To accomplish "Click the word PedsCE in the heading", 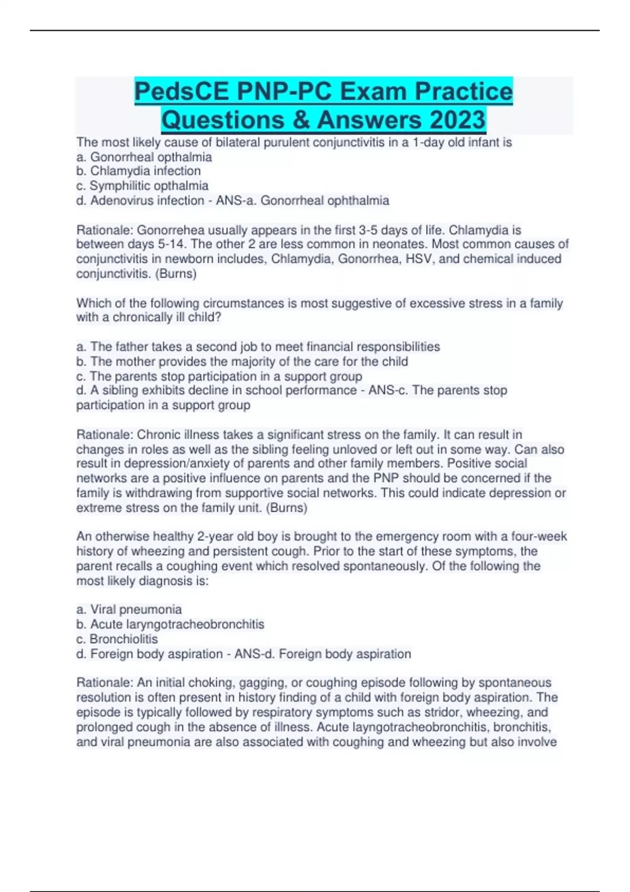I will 181,91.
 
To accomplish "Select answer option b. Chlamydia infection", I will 139,171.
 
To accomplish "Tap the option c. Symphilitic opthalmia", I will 142,186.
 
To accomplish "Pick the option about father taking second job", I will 258,347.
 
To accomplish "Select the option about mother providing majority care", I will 242,362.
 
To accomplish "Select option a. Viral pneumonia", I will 129,610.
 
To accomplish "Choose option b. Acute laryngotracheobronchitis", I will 170,624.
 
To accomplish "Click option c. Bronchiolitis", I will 117,639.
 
